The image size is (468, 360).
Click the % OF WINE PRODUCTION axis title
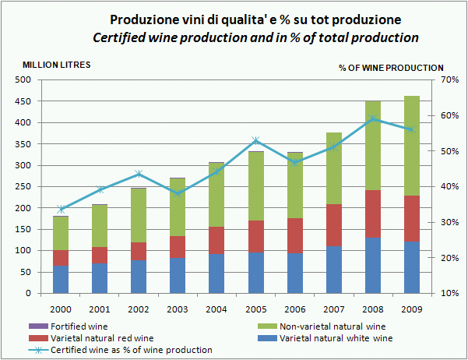391,68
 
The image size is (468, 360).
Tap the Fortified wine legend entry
78,326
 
